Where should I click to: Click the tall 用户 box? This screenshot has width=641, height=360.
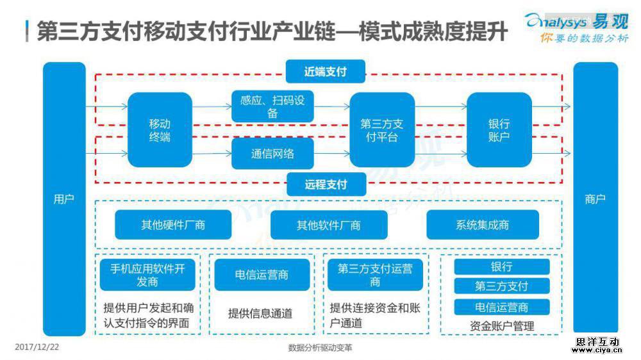[64, 199]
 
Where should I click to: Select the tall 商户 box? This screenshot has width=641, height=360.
[595, 199]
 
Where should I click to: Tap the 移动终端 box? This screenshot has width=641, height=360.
[160, 130]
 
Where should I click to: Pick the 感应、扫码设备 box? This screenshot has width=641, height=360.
[272, 107]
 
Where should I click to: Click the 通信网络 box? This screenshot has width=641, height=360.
[272, 154]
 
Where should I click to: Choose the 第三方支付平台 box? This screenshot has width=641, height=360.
[382, 130]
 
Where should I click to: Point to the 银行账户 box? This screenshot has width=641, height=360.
[499, 130]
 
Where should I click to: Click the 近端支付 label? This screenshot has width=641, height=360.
[326, 71]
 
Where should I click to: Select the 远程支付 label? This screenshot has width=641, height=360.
[326, 184]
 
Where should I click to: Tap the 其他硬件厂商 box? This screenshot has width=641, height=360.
[173, 225]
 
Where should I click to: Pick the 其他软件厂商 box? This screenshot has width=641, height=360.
[329, 225]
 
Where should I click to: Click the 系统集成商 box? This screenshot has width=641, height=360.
[483, 225]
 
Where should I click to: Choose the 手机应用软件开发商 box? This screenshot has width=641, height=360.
[147, 275]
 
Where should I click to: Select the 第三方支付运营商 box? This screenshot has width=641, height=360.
[375, 275]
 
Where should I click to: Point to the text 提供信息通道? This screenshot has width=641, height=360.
[260, 313]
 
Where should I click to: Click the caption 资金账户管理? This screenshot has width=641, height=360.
[502, 325]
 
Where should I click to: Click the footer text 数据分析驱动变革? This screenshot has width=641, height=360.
[320, 348]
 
